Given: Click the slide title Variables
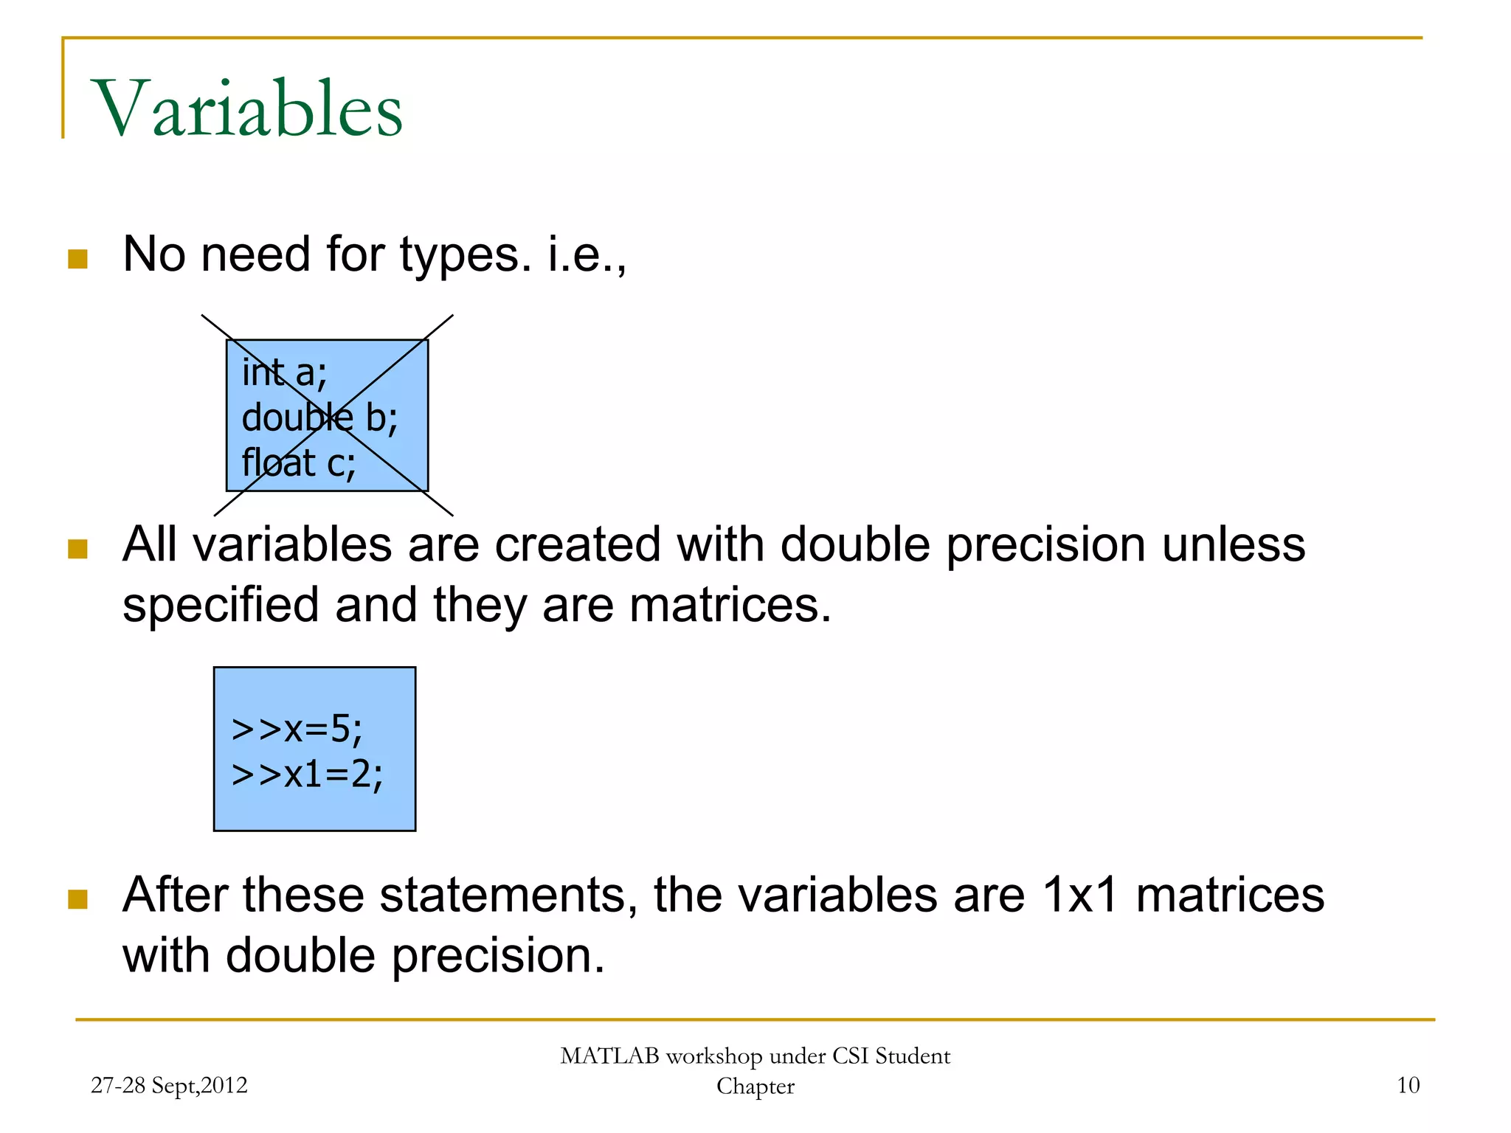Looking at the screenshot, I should pos(247,109).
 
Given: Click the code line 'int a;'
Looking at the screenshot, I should pos(284,373).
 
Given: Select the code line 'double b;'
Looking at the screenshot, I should pos(319,418).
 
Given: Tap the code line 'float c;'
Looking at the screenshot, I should pos(299,463).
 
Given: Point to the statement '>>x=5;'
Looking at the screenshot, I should pos(297,729).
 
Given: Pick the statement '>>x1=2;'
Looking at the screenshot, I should pos(307,775).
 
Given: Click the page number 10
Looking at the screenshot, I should pos(1408,1085).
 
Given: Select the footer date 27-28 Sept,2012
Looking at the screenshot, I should pos(169,1085).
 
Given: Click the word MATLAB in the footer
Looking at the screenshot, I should pos(609,1056).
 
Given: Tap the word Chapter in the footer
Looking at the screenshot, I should pos(755,1087).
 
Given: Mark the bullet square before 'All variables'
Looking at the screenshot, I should pos(77,549).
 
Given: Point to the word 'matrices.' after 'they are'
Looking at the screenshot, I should pos(730,606).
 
